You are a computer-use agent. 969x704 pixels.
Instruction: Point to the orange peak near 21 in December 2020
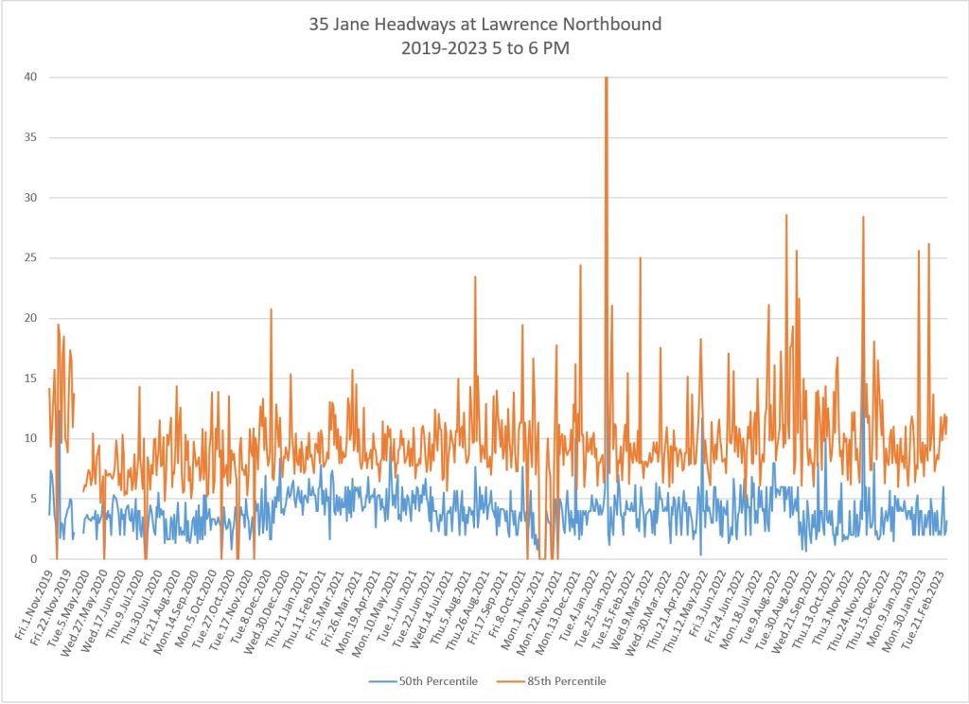(271, 309)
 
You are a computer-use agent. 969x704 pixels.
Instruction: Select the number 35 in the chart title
(319, 24)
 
